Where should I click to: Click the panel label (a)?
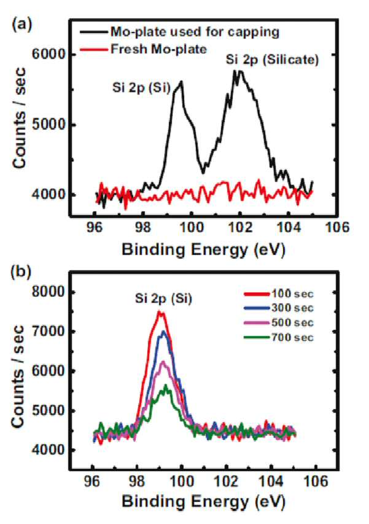[21, 25]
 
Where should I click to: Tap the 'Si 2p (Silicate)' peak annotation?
[272, 60]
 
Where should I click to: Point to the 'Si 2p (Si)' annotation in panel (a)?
[142, 88]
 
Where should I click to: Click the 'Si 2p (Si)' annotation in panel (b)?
[164, 298]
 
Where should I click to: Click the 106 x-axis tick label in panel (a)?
[337, 227]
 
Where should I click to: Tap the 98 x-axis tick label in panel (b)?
[137, 481]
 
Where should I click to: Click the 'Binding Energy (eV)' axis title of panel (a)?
[204, 249]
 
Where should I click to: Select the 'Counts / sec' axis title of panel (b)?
[18, 377]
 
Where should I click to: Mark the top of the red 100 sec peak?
[160, 312]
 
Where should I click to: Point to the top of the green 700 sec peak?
[165, 385]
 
